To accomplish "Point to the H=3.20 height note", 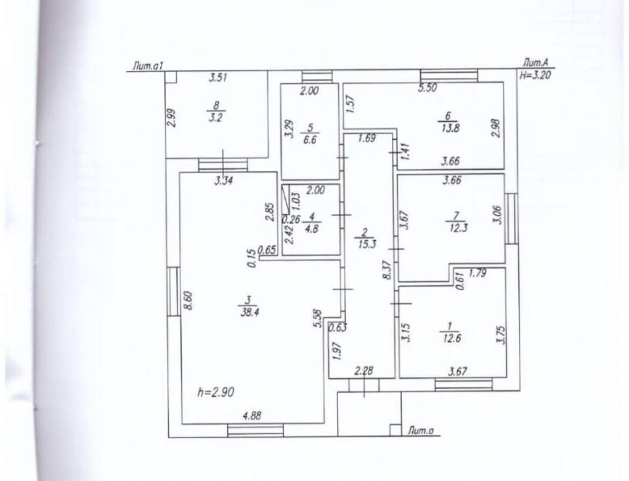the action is pos(535,76).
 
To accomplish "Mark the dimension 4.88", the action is pos(253,415).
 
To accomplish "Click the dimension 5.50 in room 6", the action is pos(428,89).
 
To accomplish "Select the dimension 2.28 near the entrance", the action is pos(363,371).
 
